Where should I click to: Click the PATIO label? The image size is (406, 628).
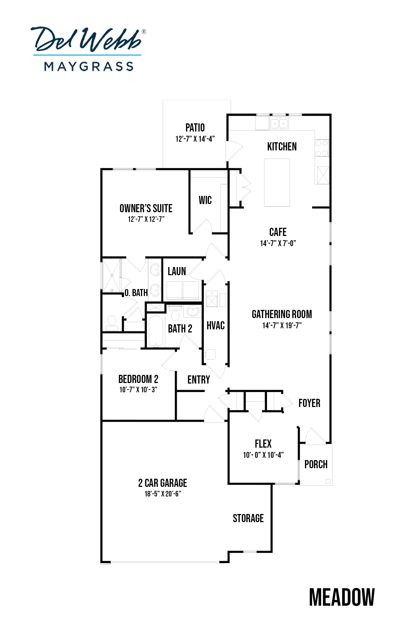(195, 128)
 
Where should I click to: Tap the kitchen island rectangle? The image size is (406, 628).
(277, 182)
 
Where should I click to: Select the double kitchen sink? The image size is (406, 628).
(279, 123)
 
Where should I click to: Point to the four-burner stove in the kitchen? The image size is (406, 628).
(322, 148)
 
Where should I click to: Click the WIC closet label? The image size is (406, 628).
(205, 200)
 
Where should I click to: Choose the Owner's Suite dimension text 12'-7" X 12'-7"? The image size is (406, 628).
(146, 219)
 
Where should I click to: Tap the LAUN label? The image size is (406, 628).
(177, 271)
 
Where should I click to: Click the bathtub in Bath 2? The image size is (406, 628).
(156, 331)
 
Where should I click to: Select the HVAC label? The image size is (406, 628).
(216, 325)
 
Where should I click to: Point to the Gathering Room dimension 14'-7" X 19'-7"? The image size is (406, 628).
(282, 325)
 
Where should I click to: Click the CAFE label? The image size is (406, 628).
(278, 232)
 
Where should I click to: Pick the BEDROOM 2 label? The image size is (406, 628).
(138, 379)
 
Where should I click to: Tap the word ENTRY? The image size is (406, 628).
(199, 380)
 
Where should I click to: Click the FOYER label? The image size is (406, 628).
(309, 403)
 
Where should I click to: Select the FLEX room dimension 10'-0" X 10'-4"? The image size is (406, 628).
(263, 455)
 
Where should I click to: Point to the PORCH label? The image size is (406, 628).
(316, 464)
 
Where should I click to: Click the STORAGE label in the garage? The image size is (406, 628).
(248, 518)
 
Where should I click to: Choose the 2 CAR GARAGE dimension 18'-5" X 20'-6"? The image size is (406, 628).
(163, 494)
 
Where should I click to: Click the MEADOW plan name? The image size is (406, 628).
(342, 597)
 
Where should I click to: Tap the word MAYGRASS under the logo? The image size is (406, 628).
(89, 67)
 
